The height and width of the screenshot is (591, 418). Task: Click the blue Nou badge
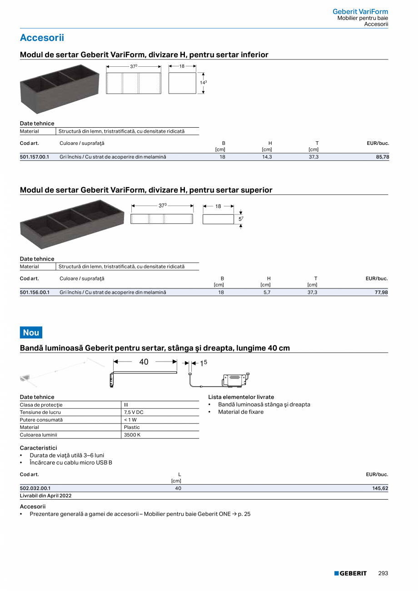[31, 333]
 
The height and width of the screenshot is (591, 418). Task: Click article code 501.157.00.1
[35, 157]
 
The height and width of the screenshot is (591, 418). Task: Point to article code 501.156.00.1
[35, 293]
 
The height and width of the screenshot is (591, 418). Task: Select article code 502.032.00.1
[35, 488]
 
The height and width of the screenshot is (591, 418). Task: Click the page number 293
[383, 573]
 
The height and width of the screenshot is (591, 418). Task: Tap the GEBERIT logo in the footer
[350, 573]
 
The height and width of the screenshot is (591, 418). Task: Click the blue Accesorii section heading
[42, 38]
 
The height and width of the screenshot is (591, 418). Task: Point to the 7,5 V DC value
[134, 412]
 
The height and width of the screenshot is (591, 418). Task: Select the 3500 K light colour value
[132, 435]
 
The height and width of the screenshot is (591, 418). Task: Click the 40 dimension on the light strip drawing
[144, 362]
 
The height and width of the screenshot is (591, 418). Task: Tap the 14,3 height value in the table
[267, 157]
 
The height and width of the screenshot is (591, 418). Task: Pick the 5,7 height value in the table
[267, 293]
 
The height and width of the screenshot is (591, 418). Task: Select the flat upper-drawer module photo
[72, 223]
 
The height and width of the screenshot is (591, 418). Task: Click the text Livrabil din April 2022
[46, 496]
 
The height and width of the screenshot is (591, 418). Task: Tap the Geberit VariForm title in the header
[360, 11]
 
